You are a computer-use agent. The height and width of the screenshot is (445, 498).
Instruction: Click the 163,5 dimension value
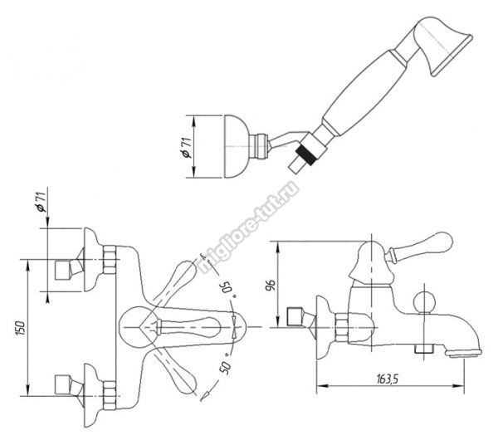pyautogui.click(x=387, y=379)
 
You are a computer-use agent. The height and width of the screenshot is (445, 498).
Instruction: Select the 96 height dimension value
pyautogui.click(x=271, y=285)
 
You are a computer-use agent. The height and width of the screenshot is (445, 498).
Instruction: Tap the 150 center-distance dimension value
pyautogui.click(x=20, y=328)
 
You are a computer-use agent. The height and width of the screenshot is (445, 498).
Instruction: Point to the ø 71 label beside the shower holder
pyautogui.click(x=186, y=148)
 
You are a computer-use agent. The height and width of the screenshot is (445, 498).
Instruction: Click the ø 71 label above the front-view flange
pyautogui.click(x=41, y=202)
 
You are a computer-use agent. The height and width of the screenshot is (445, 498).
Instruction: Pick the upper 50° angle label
pyautogui.click(x=228, y=288)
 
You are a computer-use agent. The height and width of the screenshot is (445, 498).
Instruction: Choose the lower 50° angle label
pyautogui.click(x=226, y=366)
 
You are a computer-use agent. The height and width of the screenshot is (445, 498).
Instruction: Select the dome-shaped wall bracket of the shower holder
pyautogui.click(x=236, y=146)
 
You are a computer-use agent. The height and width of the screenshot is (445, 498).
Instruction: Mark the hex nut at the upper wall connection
pyautogui.click(x=110, y=260)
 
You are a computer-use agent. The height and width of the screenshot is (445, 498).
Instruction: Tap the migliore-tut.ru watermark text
pyautogui.click(x=249, y=227)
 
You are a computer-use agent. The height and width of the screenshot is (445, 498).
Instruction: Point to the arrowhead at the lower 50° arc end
pyautogui.click(x=204, y=396)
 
